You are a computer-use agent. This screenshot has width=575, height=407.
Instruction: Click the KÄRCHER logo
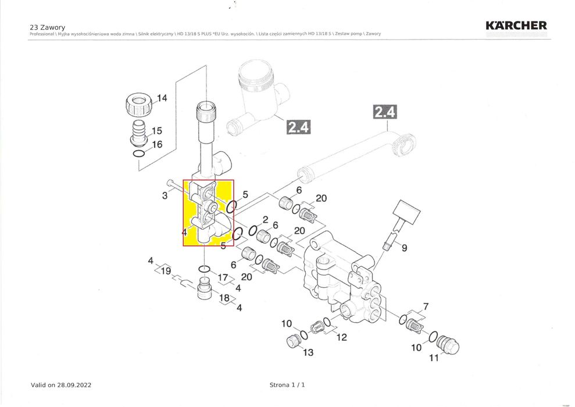click(516, 26)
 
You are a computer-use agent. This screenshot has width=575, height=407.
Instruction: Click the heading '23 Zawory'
click(47, 27)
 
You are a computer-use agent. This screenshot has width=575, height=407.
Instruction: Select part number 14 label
click(162, 98)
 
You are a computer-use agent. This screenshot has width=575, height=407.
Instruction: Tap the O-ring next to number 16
click(138, 154)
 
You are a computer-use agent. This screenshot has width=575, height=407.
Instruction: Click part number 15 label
click(157, 131)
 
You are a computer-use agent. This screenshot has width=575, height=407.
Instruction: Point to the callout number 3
click(165, 196)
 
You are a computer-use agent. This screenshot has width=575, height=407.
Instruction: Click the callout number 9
click(404, 248)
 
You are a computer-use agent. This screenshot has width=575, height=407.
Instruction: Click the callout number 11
click(433, 358)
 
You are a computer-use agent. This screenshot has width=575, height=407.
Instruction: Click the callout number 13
click(308, 352)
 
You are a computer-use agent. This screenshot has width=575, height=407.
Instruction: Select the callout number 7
click(426, 306)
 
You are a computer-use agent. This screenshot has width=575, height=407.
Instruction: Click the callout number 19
click(166, 271)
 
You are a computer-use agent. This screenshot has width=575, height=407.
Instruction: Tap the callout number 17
click(223, 277)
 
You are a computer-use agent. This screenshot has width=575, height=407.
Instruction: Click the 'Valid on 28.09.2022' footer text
click(60, 385)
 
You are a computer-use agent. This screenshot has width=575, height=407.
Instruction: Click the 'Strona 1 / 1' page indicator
click(287, 385)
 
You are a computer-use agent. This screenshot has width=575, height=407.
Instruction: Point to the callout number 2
click(265, 220)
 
